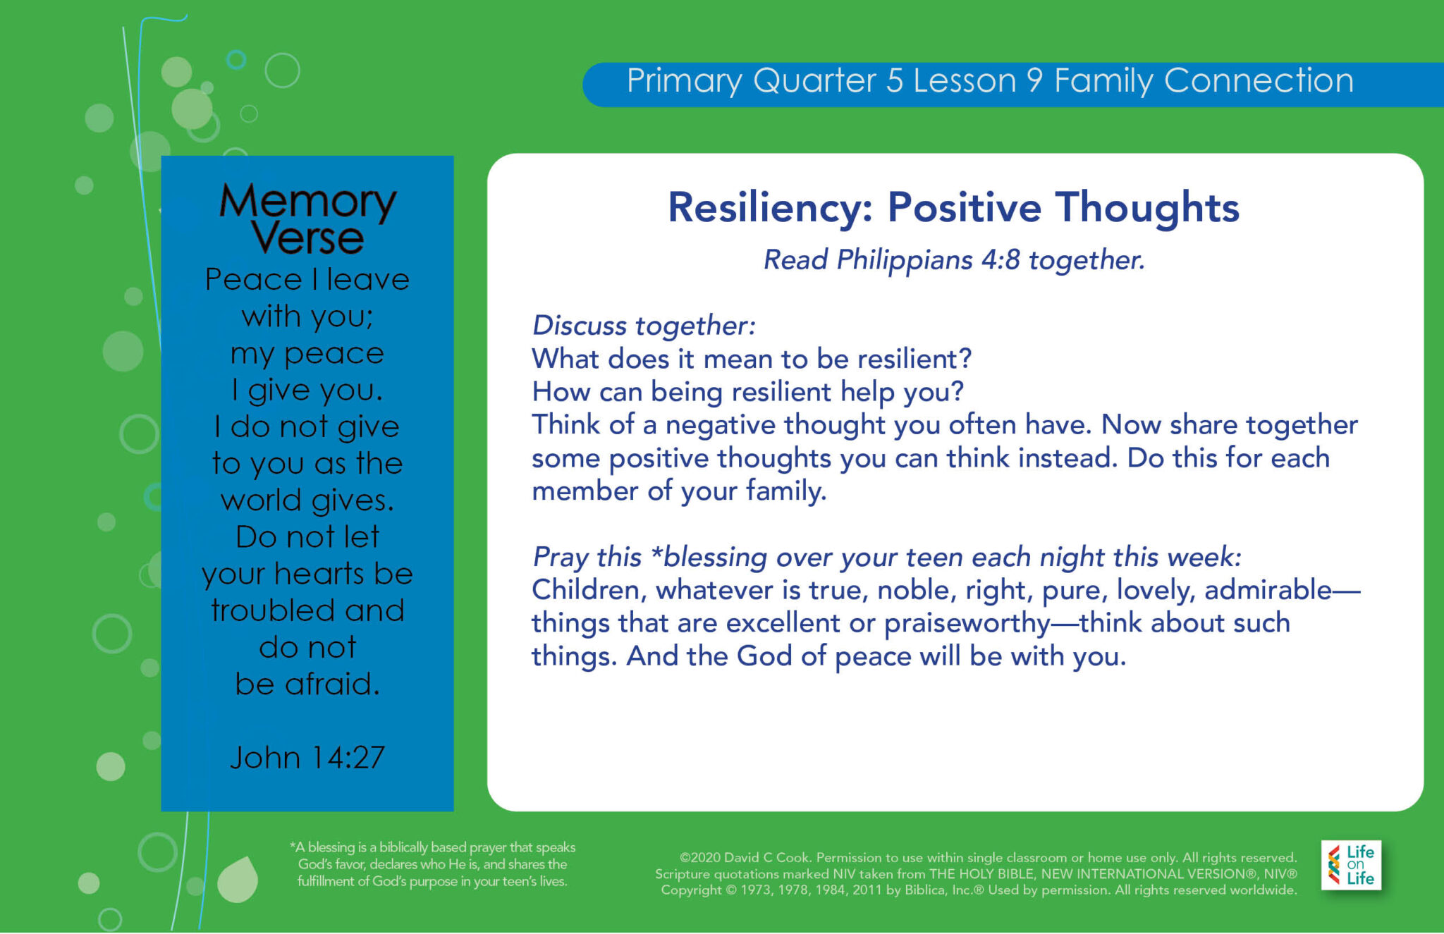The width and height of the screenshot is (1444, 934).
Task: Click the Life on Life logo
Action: point(1350,865)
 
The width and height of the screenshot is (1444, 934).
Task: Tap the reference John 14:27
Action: point(307,758)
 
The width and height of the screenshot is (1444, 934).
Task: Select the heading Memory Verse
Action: point(307,219)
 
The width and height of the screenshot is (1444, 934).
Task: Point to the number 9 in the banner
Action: point(1034,80)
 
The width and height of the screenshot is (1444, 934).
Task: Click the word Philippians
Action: point(904,260)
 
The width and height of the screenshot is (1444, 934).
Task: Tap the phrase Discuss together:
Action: point(643,326)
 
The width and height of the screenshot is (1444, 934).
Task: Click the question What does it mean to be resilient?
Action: point(752,359)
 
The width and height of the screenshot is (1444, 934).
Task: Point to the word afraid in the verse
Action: point(332,684)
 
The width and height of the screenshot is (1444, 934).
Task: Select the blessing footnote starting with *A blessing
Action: point(432,864)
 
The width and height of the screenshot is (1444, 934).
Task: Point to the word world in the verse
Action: point(261,500)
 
